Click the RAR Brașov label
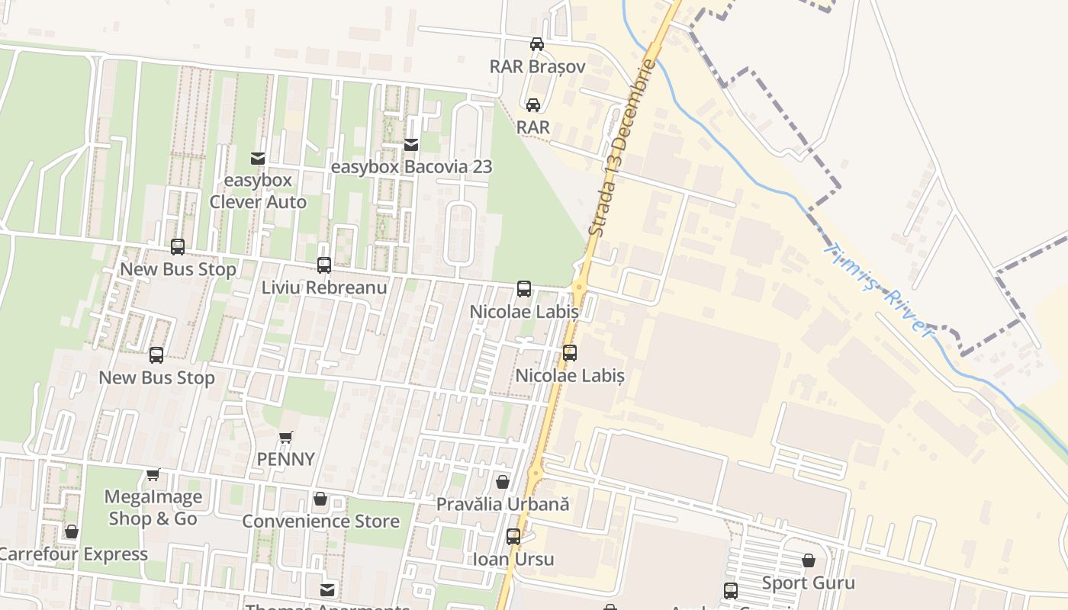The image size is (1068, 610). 537,66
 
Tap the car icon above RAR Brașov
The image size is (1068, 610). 537,44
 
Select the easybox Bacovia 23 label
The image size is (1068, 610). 411,166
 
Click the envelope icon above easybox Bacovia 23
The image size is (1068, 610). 411,144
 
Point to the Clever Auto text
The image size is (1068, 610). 258,202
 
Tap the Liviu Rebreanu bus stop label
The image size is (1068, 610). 324,287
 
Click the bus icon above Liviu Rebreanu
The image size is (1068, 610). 324,265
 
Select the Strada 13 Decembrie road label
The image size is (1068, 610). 623,149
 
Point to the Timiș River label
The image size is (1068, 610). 880,289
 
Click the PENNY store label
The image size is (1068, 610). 285,459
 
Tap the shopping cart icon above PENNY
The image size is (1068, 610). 285,438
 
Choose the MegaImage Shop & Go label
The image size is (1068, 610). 153,508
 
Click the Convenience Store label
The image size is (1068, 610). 320,522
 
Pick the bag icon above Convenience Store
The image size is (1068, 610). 320,499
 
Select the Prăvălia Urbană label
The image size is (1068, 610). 503,504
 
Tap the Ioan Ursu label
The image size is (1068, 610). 513,559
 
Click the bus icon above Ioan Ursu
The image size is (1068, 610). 513,537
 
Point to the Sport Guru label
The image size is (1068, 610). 809,583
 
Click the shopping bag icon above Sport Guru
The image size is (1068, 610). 809,561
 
